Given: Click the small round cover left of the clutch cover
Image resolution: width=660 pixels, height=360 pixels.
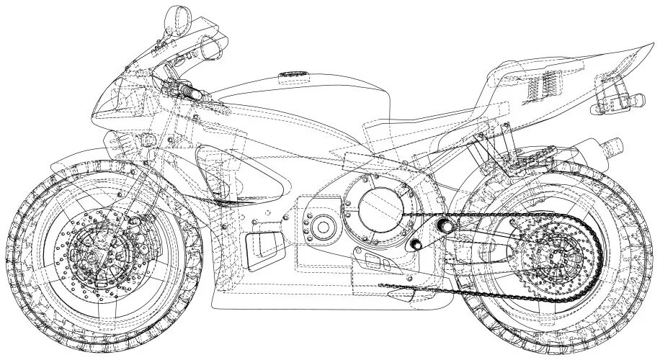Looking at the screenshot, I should tap(322, 228).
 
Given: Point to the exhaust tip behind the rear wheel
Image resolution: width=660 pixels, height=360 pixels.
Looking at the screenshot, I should tap(614, 145).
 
